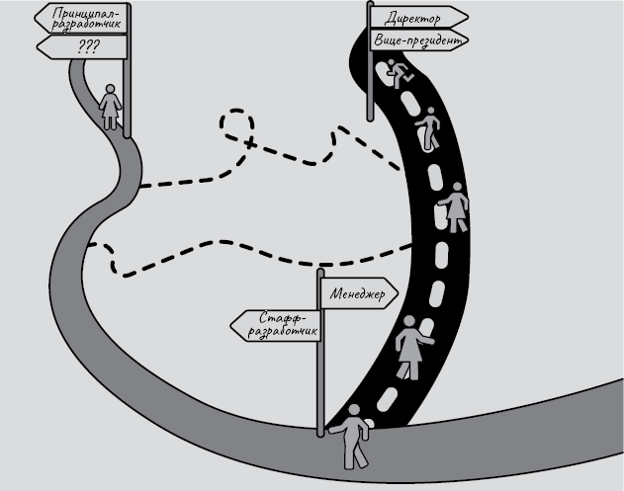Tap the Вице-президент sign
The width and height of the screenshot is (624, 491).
(x=415, y=41)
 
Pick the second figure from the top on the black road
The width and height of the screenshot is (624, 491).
(x=429, y=128)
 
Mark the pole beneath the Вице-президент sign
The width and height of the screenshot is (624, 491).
(x=370, y=84)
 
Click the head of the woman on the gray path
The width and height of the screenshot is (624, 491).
(x=111, y=86)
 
